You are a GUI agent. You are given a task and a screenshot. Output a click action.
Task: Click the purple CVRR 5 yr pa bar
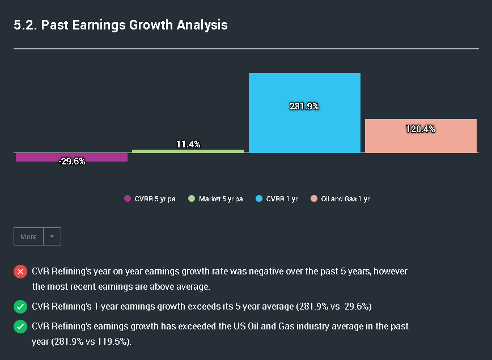(x=71, y=157)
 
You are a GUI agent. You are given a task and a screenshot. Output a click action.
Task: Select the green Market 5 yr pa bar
(x=188, y=151)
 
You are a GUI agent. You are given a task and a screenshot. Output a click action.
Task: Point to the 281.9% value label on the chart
(x=304, y=106)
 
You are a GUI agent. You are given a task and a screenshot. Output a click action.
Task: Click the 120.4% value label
(x=421, y=129)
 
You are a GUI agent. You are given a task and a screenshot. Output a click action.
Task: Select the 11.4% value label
(x=188, y=145)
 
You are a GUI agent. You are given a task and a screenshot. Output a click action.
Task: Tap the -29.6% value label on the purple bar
(x=72, y=162)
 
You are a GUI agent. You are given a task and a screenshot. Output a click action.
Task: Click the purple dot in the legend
(x=127, y=199)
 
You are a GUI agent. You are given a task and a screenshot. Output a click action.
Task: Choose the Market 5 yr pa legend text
(x=220, y=199)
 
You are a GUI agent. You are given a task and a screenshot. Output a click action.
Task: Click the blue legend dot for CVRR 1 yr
(x=259, y=199)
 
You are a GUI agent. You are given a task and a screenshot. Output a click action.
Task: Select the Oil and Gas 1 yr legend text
(x=345, y=199)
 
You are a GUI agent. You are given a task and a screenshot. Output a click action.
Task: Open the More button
(x=28, y=236)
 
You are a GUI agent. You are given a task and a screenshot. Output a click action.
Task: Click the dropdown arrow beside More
(x=52, y=236)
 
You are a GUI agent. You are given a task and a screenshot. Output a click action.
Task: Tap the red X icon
(x=20, y=272)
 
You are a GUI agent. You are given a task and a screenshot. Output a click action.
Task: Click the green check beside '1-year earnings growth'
(x=20, y=307)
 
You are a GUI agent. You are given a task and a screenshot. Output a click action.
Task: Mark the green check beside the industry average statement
(x=20, y=327)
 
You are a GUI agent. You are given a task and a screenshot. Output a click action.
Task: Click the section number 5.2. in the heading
(x=25, y=25)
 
